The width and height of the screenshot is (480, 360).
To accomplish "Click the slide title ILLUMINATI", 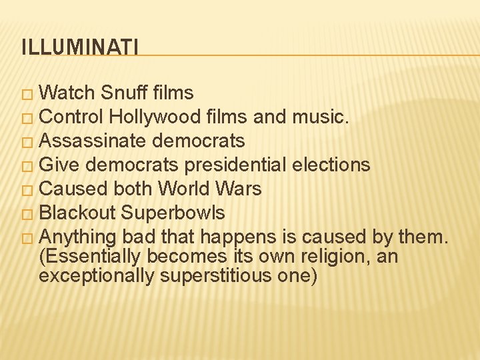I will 80,47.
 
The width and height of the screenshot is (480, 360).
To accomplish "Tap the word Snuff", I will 125,93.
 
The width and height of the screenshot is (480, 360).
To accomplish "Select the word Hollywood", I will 155,117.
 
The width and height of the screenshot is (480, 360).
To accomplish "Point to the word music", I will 320,117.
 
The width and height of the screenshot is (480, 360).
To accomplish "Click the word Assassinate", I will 94,141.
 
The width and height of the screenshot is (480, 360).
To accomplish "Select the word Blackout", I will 77,213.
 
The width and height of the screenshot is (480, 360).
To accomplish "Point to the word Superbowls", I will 173,213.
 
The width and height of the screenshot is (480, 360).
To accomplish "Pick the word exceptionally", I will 97,275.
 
